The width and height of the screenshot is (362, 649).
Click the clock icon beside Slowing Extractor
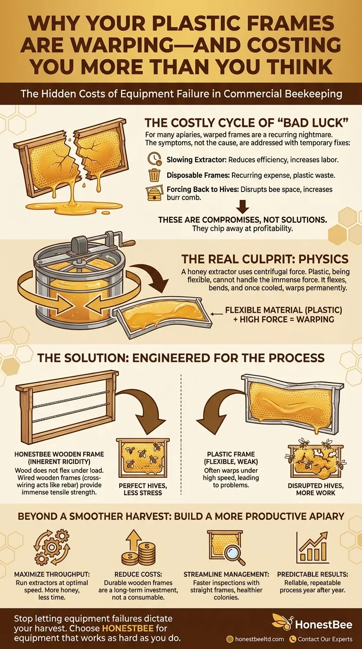coord(154,158)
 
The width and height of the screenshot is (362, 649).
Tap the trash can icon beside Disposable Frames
coord(154,175)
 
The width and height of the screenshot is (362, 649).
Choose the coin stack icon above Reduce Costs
coord(139,547)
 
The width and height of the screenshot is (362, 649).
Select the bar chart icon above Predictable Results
coord(312,547)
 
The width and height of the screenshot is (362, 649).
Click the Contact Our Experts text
coord(325,639)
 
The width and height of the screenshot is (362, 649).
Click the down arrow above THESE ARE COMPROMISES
coord(243,206)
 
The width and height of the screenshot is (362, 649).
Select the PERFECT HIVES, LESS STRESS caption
coord(143,490)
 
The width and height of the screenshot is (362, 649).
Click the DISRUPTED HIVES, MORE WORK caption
coord(316,490)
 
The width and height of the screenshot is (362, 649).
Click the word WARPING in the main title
coord(118,45)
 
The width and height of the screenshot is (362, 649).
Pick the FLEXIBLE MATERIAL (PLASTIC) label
coord(283,310)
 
